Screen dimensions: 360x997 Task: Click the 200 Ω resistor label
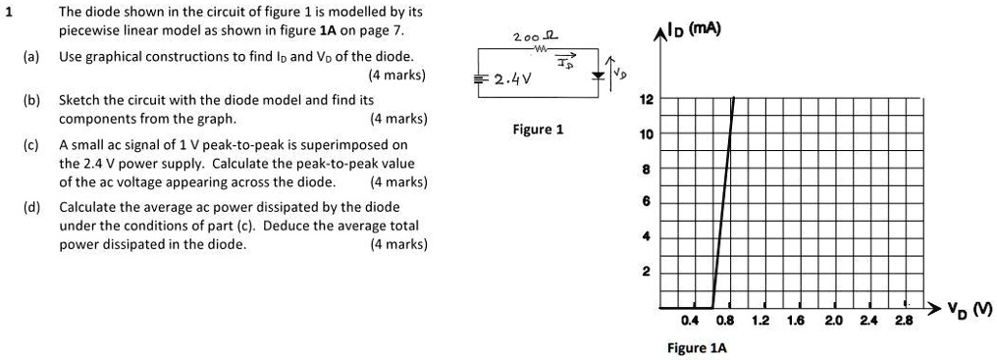[x=537, y=36]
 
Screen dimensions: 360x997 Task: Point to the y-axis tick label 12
[x=645, y=100]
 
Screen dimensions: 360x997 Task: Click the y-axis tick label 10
[x=645, y=134]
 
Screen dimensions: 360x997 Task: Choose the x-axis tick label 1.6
[x=797, y=320]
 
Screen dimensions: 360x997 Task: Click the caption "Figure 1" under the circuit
[x=538, y=129]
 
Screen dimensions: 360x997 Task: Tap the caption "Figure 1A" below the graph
[x=696, y=347]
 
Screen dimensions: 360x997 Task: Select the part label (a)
[x=32, y=57]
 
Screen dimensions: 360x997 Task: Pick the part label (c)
[x=32, y=145]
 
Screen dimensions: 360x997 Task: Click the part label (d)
[x=32, y=207]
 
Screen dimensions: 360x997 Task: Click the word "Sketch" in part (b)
[x=79, y=100]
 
